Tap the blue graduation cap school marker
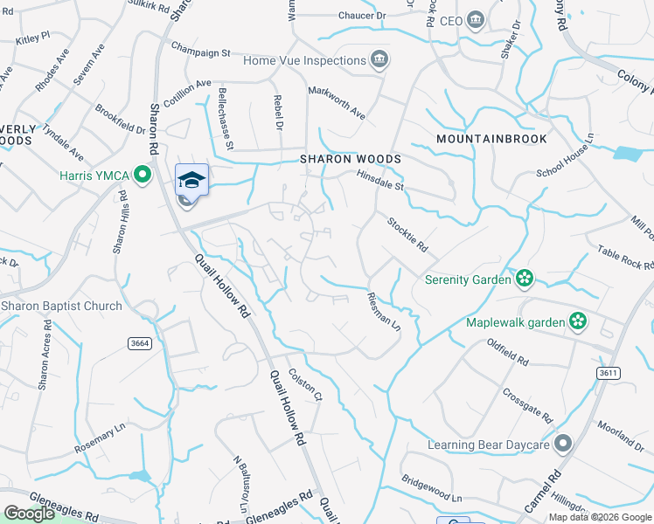click(191, 180)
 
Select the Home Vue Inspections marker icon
click(380, 60)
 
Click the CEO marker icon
click(476, 20)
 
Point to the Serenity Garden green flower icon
click(525, 279)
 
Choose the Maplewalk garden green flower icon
click(577, 322)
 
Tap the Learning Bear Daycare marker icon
click(562, 445)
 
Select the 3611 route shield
click(609, 373)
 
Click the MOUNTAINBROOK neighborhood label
click(491, 139)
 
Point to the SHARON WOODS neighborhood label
click(351, 159)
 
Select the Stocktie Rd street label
click(407, 235)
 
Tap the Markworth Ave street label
click(337, 101)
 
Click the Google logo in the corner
click(29, 514)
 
